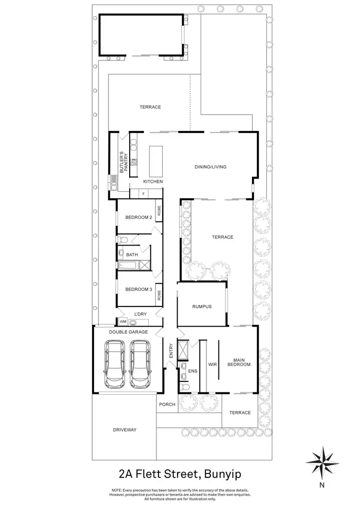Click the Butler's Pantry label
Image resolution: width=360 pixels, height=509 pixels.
(x=122, y=161)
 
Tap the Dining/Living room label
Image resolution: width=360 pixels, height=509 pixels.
(x=210, y=167)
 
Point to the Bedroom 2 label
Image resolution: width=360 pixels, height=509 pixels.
(x=138, y=217)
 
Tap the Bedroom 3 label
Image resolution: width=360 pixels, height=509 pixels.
(x=138, y=289)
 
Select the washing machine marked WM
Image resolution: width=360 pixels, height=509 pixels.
(x=122, y=321)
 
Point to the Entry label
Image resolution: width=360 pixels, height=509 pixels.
(x=170, y=351)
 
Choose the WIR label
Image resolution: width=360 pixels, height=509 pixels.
(x=213, y=365)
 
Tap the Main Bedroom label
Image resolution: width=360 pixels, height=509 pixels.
(x=242, y=362)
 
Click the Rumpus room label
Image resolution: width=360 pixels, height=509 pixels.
(x=202, y=307)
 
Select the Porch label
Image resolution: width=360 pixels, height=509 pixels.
(x=167, y=404)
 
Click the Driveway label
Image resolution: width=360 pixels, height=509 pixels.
(x=125, y=430)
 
